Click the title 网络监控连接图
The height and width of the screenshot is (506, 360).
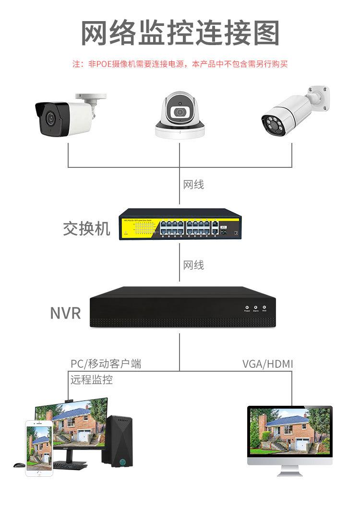(x=180, y=33)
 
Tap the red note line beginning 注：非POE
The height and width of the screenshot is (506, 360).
(x=180, y=64)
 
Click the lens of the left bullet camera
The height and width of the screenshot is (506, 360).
(x=49, y=118)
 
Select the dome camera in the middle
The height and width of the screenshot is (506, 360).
(x=180, y=115)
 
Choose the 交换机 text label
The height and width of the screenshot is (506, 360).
(x=86, y=229)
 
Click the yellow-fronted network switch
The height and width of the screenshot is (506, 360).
(x=180, y=224)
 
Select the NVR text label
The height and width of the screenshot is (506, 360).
(x=66, y=313)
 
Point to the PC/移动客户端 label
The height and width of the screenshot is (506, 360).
(x=106, y=364)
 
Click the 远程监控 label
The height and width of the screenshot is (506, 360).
(x=92, y=380)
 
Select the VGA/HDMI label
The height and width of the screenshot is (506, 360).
(x=267, y=364)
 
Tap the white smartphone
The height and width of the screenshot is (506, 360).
(x=39, y=448)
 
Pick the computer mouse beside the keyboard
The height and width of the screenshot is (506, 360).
(x=19, y=465)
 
